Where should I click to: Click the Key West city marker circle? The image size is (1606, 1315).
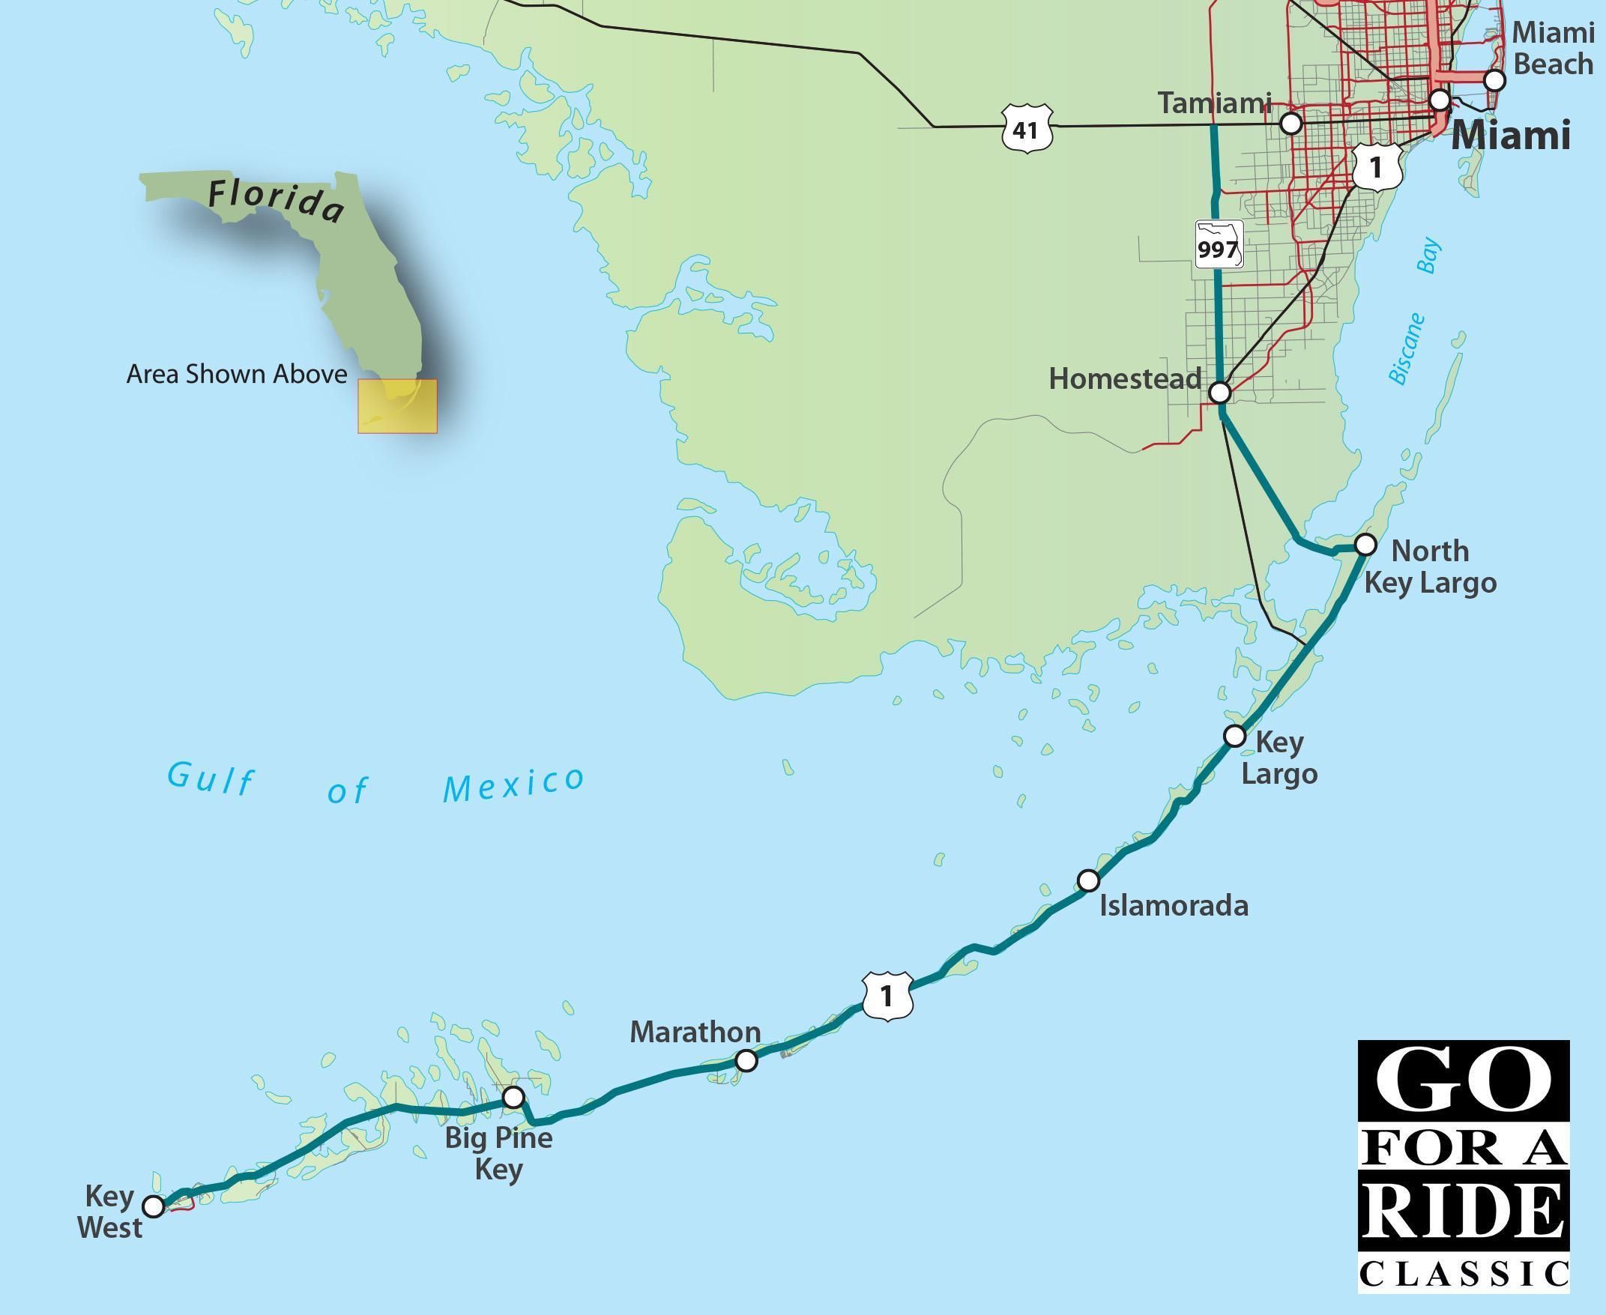(154, 1206)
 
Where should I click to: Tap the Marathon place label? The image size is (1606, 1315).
(695, 1032)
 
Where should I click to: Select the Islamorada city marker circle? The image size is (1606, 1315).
(1088, 880)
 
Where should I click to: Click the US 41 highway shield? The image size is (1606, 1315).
(1026, 130)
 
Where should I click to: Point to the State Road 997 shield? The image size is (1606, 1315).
(1218, 245)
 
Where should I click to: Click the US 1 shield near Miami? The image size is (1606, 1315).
(1377, 166)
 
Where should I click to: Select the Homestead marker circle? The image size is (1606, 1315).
(1219, 393)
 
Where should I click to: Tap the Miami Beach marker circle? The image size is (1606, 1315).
(1494, 79)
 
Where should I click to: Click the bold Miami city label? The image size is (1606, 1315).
(1510, 136)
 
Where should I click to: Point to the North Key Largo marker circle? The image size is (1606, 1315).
(1365, 544)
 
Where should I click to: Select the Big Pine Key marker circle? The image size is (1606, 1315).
(513, 1097)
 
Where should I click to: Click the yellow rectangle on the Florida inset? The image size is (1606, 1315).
(398, 407)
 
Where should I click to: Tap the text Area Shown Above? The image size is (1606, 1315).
(236, 374)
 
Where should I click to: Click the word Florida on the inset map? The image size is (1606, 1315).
(276, 199)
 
